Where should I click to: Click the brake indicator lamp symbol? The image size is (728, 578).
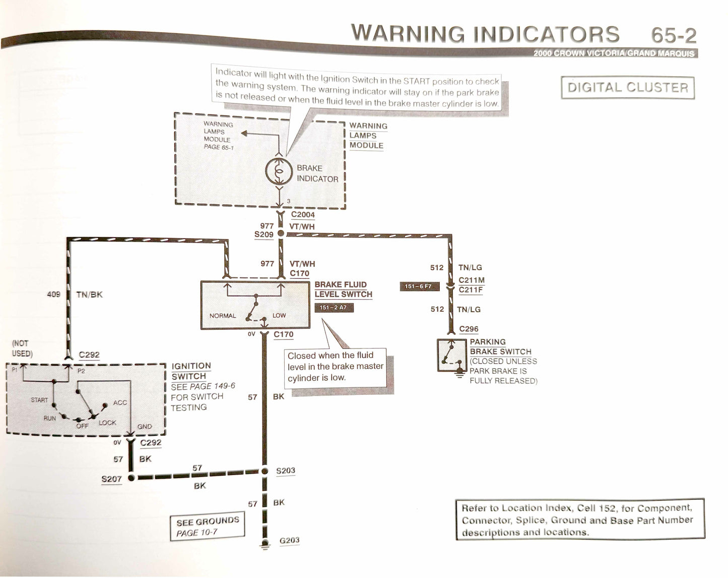coord(279,171)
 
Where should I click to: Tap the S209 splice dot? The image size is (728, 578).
coord(281,234)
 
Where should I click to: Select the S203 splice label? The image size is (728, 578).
coord(286,471)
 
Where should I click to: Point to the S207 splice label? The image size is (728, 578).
coord(111,478)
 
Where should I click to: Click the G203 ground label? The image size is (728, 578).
coord(289,541)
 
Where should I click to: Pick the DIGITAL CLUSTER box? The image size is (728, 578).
coord(628,87)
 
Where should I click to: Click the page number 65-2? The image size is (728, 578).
coord(674,35)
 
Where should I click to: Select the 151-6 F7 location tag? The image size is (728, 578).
coord(419,286)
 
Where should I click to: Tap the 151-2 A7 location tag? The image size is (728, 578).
coord(334,307)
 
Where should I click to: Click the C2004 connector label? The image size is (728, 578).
coord(303,215)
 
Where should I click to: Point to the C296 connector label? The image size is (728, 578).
coord(469,329)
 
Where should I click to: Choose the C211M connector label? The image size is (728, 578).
coord(472,280)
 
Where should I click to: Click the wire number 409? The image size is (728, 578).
coord(53,294)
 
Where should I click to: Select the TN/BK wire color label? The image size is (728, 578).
coord(89,294)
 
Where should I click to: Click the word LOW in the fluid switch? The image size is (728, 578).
coord(279,315)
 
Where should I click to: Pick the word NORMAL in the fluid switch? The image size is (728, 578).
coord(222,316)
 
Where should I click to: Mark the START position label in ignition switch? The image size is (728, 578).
coord(39,400)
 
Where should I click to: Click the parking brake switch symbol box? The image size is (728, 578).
coord(450,356)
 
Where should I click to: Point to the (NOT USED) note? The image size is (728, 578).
coord(22,349)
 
